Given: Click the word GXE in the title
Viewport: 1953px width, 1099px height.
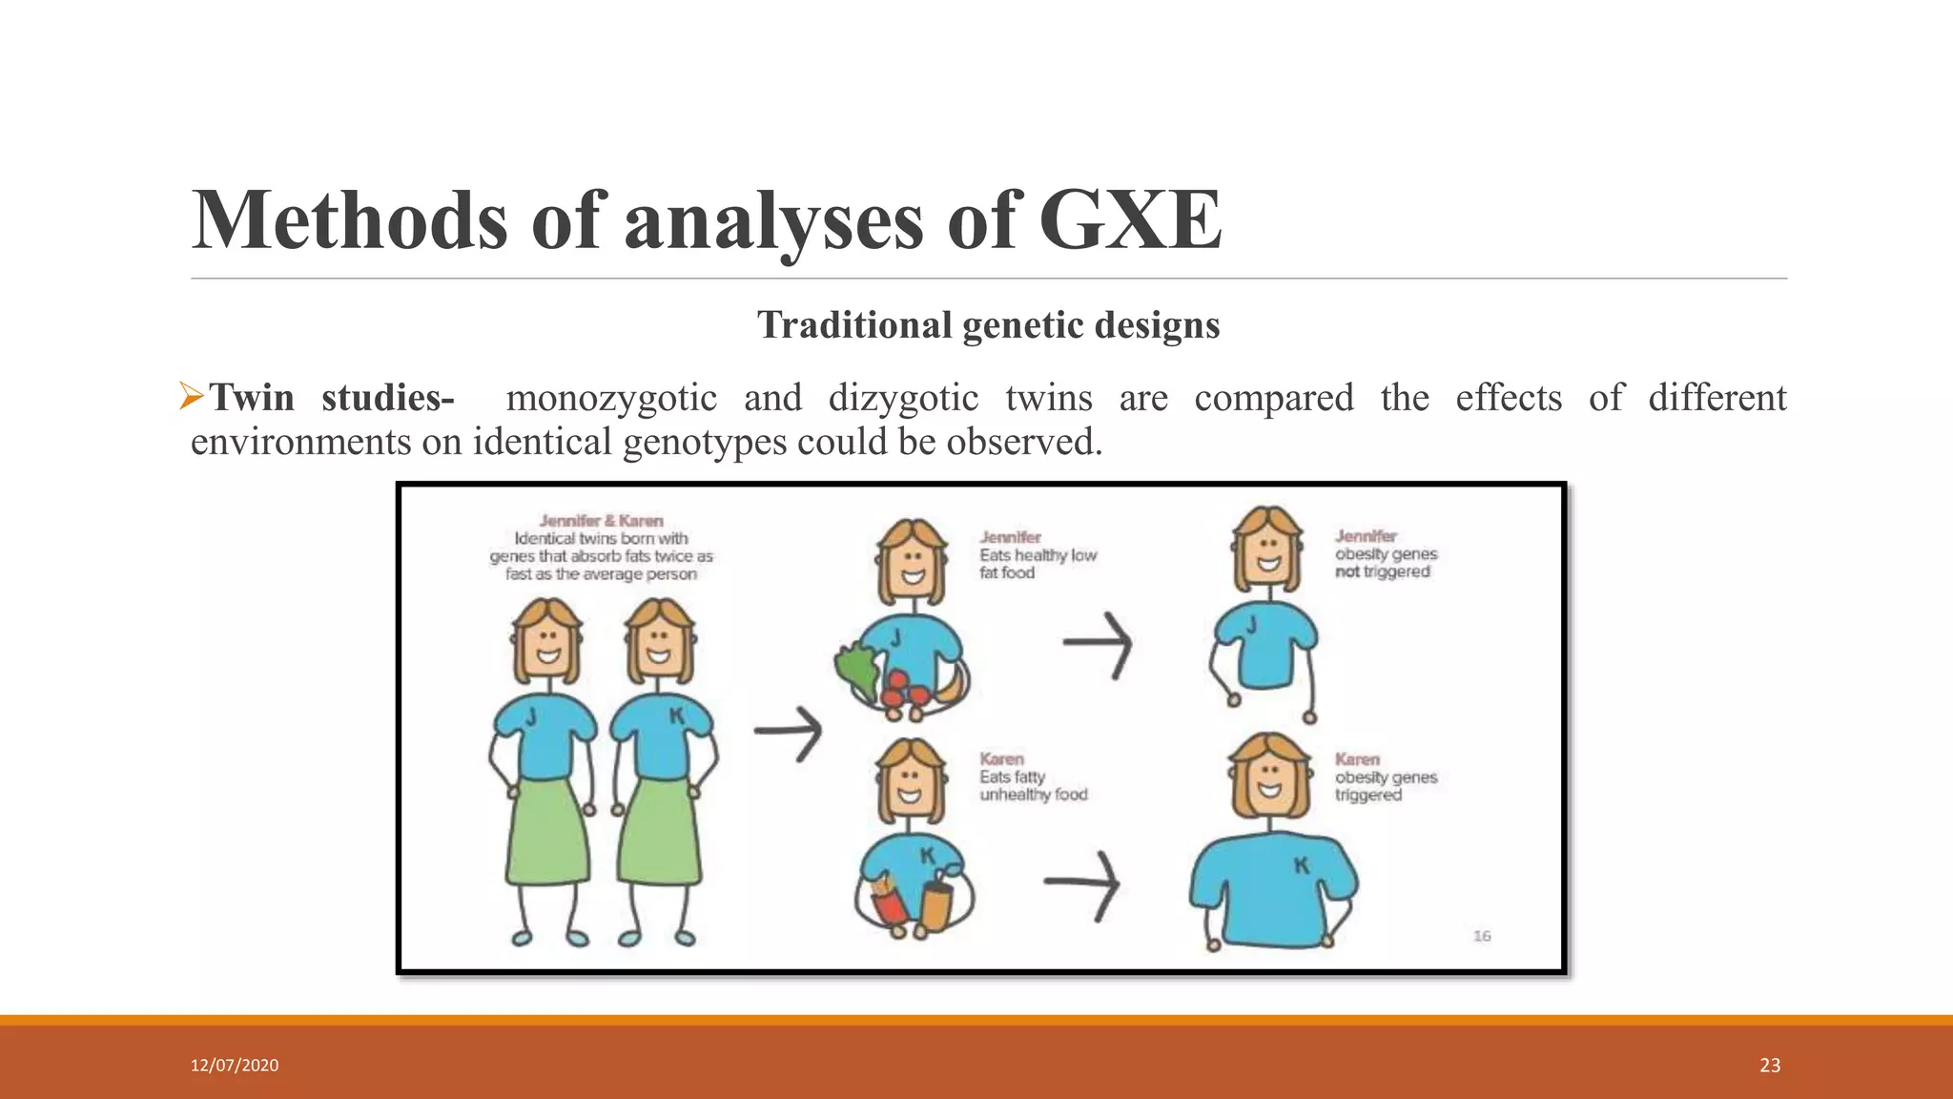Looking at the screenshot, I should coord(1130,220).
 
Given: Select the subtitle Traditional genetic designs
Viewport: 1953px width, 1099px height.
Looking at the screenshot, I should coord(988,325).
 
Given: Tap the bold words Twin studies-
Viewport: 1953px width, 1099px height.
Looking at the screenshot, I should coord(332,398).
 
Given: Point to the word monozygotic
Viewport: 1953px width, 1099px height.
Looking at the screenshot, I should coord(611,398).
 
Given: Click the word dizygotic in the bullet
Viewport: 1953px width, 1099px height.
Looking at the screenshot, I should coord(903,398).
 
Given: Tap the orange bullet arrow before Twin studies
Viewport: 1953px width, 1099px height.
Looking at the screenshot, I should coord(192,396).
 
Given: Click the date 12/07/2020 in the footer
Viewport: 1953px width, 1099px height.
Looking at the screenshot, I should coord(235,1066).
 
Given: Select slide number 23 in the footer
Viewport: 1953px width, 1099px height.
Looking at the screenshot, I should coord(1770,1066).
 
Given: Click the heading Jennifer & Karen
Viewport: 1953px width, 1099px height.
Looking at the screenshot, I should coord(601,521).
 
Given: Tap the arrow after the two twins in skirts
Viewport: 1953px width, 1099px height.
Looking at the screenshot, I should coord(789,733).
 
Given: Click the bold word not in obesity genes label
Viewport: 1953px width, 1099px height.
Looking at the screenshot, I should coord(1347,572).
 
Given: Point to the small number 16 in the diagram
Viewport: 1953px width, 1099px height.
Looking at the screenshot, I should coord(1482,936).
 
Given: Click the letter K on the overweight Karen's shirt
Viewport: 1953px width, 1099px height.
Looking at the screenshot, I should coord(1301,865).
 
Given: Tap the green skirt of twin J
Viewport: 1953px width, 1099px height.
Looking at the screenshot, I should coord(547,830).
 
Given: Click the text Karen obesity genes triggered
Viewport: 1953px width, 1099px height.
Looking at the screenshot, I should coord(1385,778).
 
